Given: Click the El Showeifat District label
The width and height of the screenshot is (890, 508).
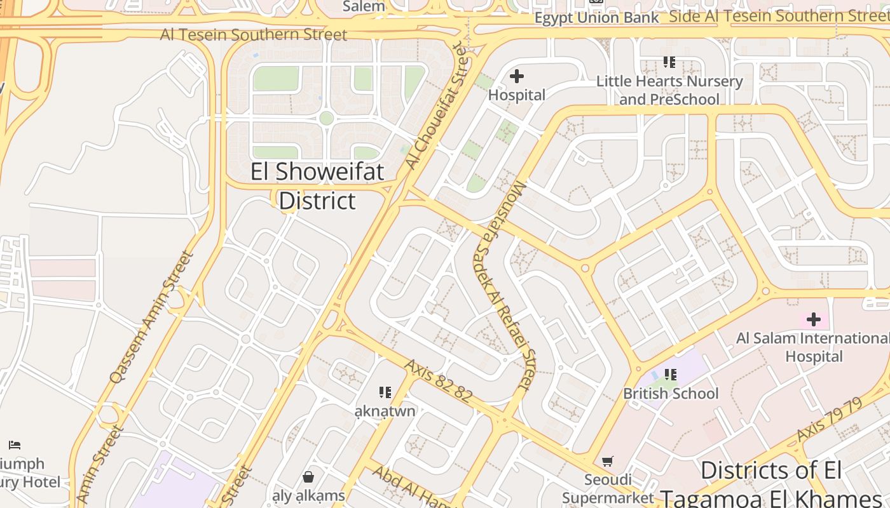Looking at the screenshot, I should [317, 186].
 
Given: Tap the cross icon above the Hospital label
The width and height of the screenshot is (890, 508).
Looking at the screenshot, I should [517, 77].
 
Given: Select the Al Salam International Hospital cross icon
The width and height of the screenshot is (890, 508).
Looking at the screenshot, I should [813, 319].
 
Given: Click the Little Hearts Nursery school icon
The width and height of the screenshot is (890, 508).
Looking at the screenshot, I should [669, 62].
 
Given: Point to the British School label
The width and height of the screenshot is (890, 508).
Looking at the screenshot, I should [671, 394].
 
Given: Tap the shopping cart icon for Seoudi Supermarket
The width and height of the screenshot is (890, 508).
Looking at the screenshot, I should [608, 461].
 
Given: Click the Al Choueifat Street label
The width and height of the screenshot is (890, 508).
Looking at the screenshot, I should [439, 105].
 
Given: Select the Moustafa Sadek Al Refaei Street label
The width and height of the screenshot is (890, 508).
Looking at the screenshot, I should [505, 285].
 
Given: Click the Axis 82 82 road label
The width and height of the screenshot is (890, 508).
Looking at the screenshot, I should [438, 380].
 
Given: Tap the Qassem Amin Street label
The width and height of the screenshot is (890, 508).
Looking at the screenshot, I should [151, 317].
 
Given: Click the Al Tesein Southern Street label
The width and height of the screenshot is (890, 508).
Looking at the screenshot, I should [254, 34].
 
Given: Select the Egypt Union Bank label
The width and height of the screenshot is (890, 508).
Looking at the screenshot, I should [596, 18].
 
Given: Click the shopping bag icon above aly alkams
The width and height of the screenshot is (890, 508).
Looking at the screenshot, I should [308, 476].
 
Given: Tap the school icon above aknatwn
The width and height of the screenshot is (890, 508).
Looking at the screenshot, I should [385, 392].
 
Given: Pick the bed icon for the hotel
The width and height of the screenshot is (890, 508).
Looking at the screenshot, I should [15, 445].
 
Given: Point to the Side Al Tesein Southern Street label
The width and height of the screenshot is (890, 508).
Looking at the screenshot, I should [779, 17].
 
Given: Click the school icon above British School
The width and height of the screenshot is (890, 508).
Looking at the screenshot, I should [670, 375].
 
